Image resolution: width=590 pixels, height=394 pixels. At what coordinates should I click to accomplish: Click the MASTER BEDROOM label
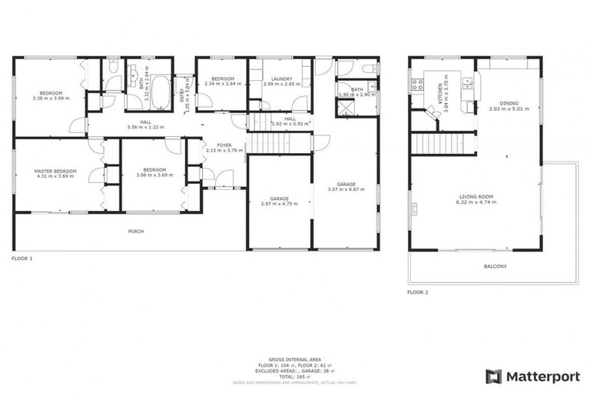pyautogui.click(x=55, y=171)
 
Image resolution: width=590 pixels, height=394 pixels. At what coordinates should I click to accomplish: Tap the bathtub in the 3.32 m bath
pyautogui.click(x=161, y=93)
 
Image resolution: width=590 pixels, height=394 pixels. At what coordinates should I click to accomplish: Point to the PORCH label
pyautogui.click(x=135, y=231)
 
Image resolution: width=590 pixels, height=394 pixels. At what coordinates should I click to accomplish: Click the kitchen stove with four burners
pyautogui.click(x=419, y=83)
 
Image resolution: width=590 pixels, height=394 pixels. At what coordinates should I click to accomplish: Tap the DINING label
pyautogui.click(x=508, y=103)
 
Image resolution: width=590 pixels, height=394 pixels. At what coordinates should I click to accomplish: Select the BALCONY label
pyautogui.click(x=494, y=266)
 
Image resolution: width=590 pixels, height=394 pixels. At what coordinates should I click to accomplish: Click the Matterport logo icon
pyautogui.click(x=494, y=376)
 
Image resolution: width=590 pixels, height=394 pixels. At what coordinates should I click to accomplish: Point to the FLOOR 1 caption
pyautogui.click(x=22, y=259)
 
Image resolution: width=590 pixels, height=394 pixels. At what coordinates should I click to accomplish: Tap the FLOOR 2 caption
pyautogui.click(x=418, y=292)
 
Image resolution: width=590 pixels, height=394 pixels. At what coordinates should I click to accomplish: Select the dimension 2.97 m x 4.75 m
pyautogui.click(x=278, y=204)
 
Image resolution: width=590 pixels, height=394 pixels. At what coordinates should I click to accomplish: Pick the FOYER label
pyautogui.click(x=224, y=145)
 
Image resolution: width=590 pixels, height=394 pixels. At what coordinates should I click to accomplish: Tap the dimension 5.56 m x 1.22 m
pyautogui.click(x=145, y=126)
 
